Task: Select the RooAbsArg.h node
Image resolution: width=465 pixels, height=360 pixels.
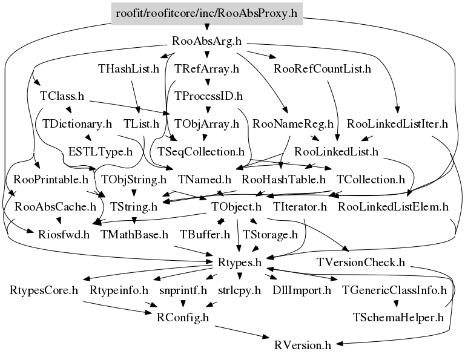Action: tap(207, 42)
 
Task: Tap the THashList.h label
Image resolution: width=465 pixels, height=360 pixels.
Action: tap(128, 69)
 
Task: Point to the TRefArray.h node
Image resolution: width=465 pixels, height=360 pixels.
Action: tap(206, 69)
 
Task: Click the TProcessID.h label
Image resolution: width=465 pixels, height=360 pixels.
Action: tap(208, 96)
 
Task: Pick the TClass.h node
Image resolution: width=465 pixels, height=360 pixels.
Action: tap(62, 96)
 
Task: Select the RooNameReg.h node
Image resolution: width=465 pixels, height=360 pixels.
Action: tap(293, 124)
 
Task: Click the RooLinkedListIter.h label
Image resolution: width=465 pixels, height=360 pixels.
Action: tap(401, 124)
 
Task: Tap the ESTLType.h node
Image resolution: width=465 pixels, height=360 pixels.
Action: tap(101, 151)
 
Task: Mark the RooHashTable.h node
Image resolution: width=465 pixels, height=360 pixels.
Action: tap(283, 179)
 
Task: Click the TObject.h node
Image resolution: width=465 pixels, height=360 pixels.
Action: tap(236, 206)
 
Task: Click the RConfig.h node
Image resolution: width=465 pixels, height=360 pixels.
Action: tap(183, 316)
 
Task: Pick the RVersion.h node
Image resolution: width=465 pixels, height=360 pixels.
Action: tap(302, 345)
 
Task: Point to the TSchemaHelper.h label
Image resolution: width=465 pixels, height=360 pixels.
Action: tap(398, 316)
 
